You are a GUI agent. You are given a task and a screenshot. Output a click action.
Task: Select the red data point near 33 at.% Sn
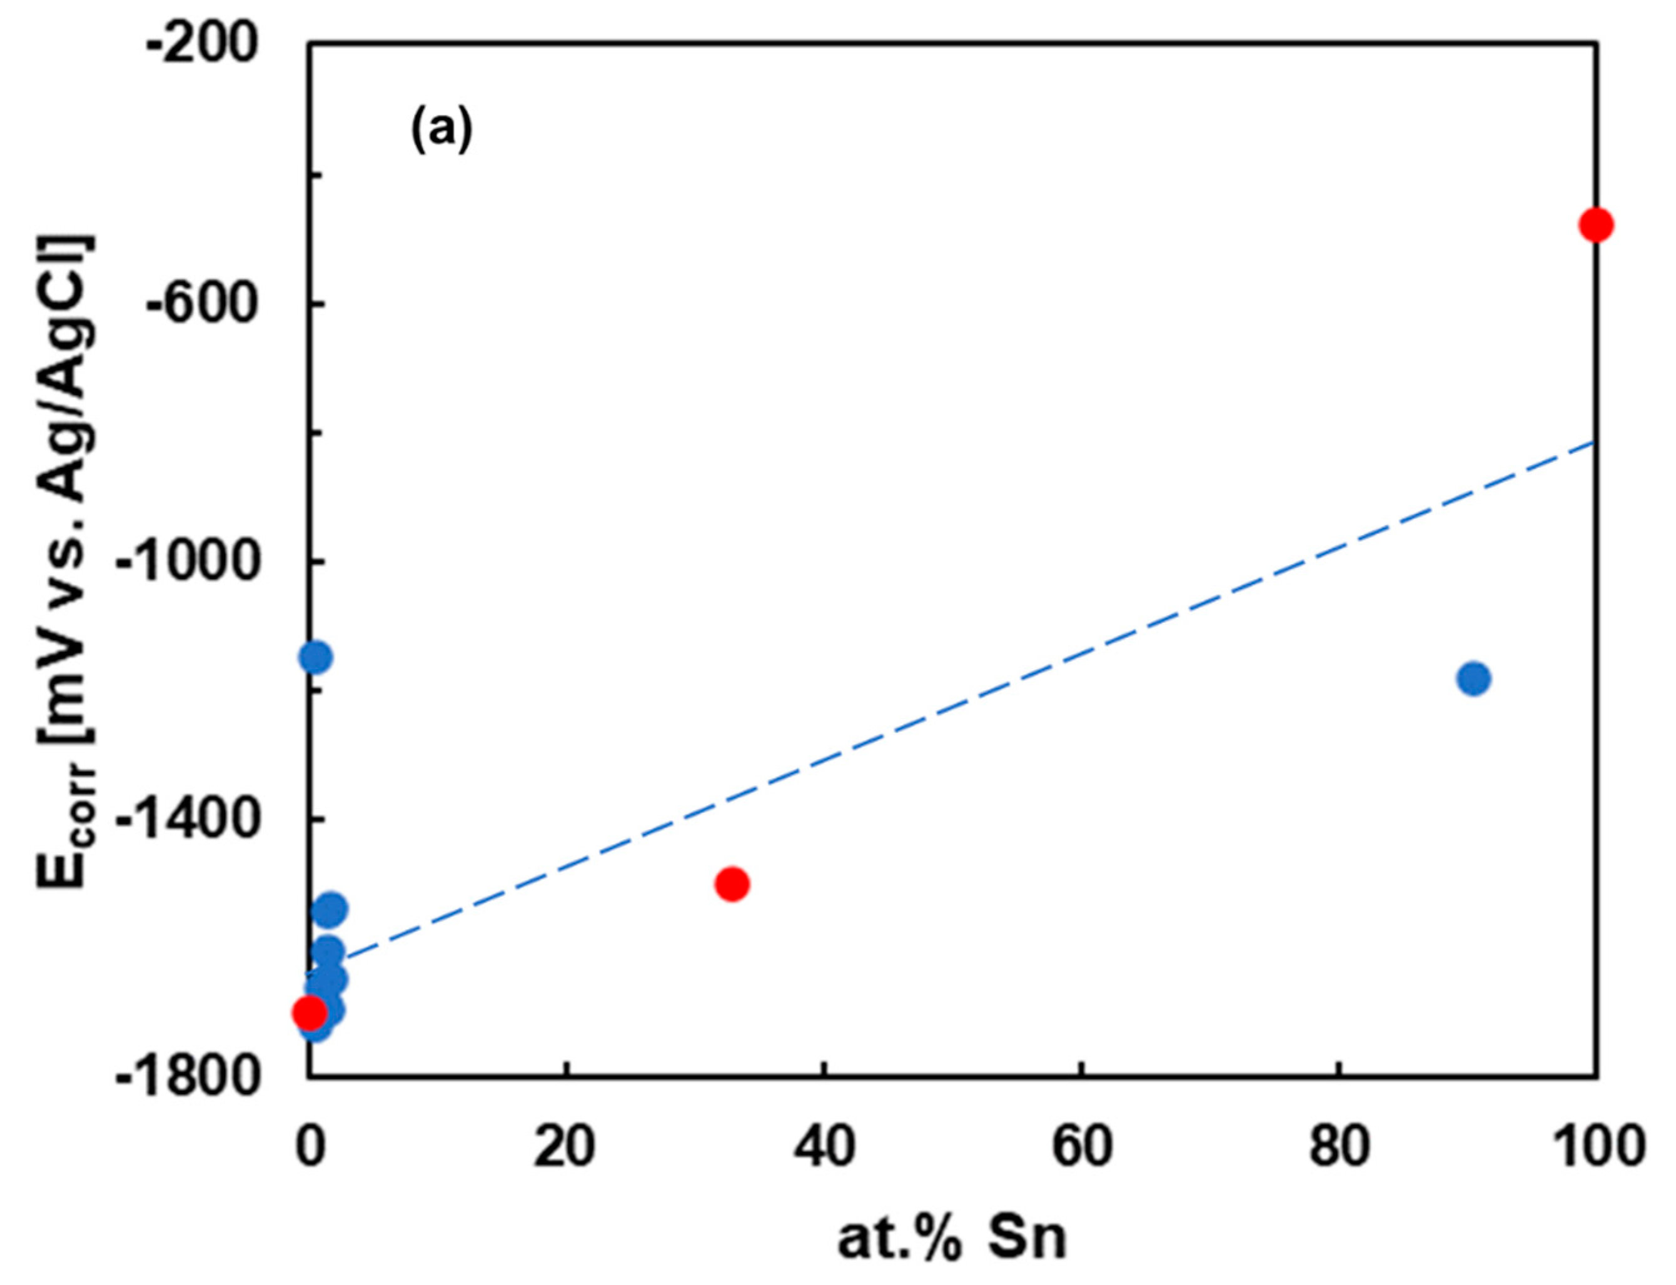pyautogui.click(x=732, y=884)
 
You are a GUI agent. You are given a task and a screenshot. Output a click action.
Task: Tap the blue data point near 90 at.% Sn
pyautogui.click(x=1473, y=678)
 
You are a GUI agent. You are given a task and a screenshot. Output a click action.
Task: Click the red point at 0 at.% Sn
pyautogui.click(x=310, y=1014)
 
